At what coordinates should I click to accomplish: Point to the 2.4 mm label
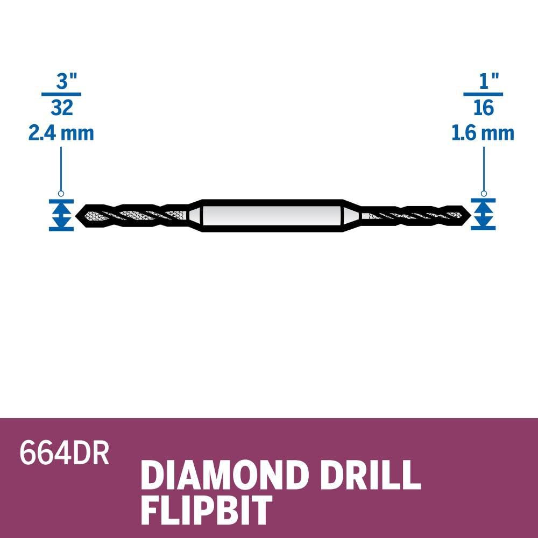pyautogui.click(x=61, y=133)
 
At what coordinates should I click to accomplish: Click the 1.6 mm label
pyautogui.click(x=483, y=133)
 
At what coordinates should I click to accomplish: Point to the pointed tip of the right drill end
pyautogui.click(x=466, y=215)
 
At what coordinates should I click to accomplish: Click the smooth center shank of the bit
pyautogui.click(x=269, y=215)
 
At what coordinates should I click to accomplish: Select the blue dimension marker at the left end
pyautogui.click(x=61, y=215)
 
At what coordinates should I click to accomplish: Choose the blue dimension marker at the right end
pyautogui.click(x=483, y=215)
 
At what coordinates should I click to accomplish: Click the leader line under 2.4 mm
pyautogui.click(x=61, y=167)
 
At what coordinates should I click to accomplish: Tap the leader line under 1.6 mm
pyautogui.click(x=483, y=167)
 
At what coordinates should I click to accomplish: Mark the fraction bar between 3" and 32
pyautogui.click(x=61, y=95)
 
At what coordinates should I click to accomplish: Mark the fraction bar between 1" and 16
pyautogui.click(x=483, y=95)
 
